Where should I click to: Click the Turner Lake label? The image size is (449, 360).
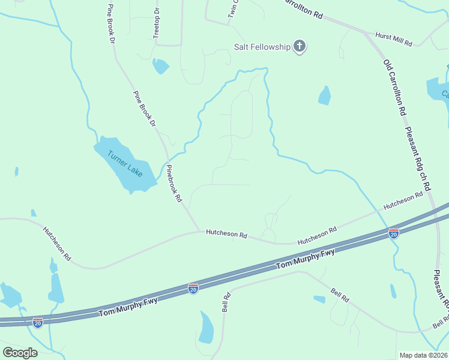[x=125, y=163]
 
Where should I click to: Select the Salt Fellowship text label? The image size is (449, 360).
[x=262, y=47]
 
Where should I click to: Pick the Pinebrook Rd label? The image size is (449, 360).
[x=173, y=184]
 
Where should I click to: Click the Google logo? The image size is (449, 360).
[x=20, y=352]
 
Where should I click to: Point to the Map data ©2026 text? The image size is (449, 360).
[x=423, y=355]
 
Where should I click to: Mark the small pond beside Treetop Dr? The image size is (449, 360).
[x=160, y=66]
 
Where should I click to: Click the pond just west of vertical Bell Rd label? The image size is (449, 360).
[x=206, y=328]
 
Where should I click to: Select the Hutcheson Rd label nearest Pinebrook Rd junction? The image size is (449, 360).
[x=226, y=233]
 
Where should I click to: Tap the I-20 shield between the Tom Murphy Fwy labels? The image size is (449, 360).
[x=193, y=289]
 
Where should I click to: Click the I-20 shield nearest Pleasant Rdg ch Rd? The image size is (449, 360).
[x=394, y=233]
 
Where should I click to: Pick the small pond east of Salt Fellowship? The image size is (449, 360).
[x=325, y=95]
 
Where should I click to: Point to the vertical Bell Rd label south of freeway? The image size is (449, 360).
[x=226, y=302]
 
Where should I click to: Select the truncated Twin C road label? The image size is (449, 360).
[x=233, y=11]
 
